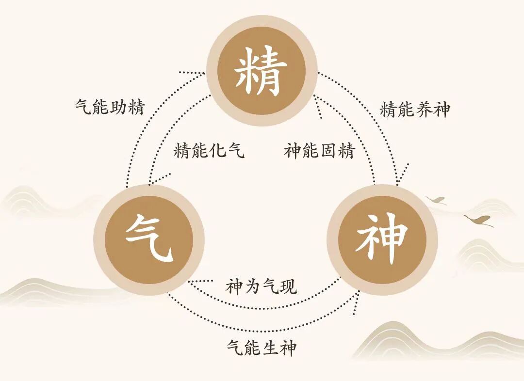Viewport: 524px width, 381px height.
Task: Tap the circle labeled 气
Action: pyautogui.click(x=149, y=239)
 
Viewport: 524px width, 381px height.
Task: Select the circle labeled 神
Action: pyautogui.click(x=382, y=239)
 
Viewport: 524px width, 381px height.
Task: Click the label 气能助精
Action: pyautogui.click(x=110, y=107)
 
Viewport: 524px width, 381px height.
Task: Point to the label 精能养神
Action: pyautogui.click(x=415, y=110)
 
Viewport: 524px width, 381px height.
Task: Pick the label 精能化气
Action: pyautogui.click(x=209, y=151)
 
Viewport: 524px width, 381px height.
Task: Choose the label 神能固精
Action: pyautogui.click(x=320, y=151)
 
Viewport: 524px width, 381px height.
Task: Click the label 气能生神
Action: pyautogui.click(x=262, y=348)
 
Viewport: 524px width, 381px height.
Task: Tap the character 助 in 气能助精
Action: pyautogui.click(x=119, y=107)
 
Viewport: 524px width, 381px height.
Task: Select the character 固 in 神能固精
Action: pyautogui.click(x=328, y=151)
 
